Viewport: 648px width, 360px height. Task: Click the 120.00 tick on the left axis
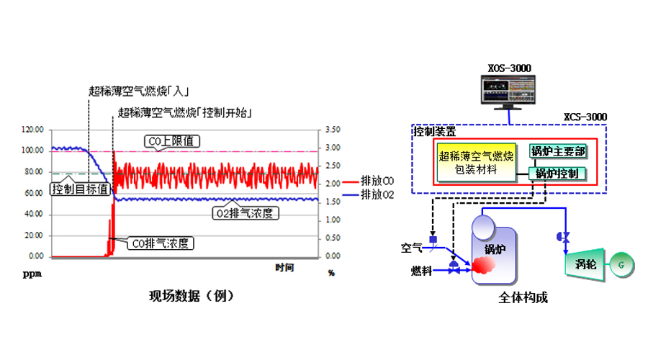click(x=33, y=130)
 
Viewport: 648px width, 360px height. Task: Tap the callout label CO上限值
click(x=171, y=141)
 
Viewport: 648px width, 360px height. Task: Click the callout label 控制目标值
click(x=80, y=189)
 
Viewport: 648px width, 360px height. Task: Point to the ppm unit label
click(x=31, y=274)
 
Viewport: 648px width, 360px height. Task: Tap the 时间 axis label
click(x=284, y=268)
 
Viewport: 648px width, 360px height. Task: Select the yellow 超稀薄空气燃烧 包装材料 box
click(x=475, y=162)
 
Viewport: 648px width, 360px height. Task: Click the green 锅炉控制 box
click(x=558, y=174)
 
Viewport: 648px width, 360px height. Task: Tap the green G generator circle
click(x=618, y=265)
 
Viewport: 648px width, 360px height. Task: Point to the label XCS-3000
click(x=585, y=116)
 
